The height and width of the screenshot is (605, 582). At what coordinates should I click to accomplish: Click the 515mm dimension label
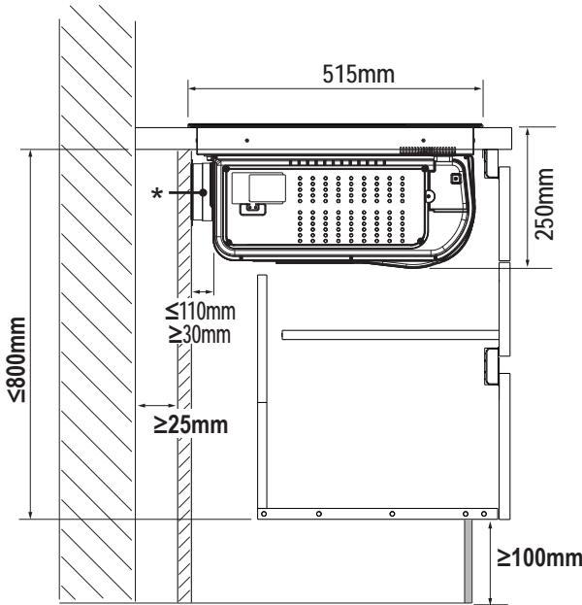(x=359, y=74)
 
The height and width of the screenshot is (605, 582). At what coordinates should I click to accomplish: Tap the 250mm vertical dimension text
(x=544, y=204)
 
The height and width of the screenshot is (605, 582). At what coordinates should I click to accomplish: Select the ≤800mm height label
(x=16, y=359)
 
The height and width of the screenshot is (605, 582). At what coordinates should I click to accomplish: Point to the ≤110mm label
(x=201, y=311)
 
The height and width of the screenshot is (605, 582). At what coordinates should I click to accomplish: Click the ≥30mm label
(x=200, y=334)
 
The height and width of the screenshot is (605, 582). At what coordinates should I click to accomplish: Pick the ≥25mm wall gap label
(x=191, y=424)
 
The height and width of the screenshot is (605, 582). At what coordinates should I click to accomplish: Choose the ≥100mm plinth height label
(x=539, y=557)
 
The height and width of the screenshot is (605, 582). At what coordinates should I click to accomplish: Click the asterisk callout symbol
(x=157, y=193)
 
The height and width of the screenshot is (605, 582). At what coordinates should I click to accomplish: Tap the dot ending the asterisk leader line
(x=203, y=192)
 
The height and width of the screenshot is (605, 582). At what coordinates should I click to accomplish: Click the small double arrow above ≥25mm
(x=157, y=406)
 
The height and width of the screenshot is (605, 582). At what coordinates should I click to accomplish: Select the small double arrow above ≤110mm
(x=203, y=291)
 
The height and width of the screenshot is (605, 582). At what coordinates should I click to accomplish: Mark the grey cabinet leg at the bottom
(x=468, y=561)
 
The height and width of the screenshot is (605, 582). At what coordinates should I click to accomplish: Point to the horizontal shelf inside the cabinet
(x=391, y=334)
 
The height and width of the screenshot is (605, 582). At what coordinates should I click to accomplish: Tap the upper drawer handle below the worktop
(x=491, y=164)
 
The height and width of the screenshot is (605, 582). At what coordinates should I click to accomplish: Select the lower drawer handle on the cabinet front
(x=492, y=366)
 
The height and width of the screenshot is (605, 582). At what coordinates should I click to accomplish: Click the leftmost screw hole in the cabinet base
(x=264, y=514)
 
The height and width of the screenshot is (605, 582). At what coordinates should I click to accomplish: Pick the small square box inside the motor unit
(x=456, y=179)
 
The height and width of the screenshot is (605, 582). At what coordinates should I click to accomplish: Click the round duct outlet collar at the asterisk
(x=200, y=192)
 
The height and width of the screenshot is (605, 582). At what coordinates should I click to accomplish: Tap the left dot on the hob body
(x=247, y=141)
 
